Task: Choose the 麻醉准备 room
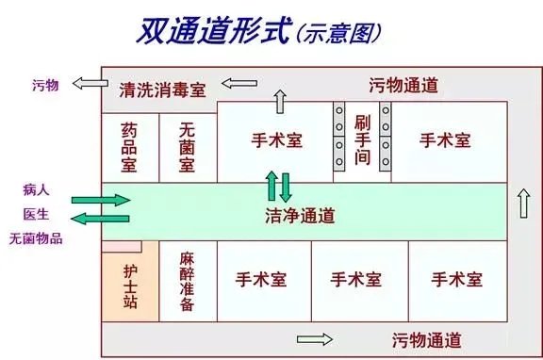pos(187,281)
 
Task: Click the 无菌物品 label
pos(36,238)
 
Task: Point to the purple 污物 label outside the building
pos(45,85)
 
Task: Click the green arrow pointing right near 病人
pos(102,201)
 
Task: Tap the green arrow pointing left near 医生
pos(102,219)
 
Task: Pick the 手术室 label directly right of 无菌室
pos(277,140)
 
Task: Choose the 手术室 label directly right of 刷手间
pos(445,140)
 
